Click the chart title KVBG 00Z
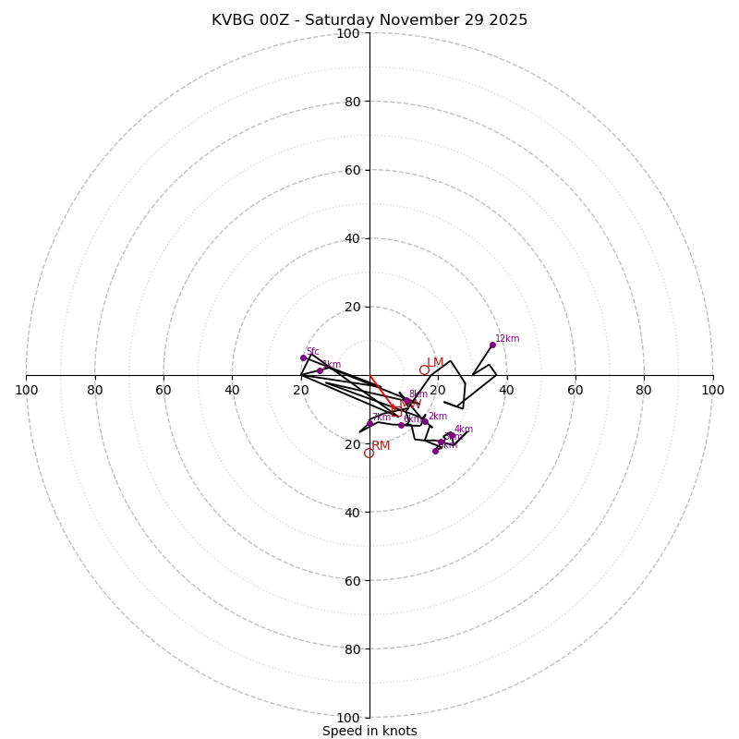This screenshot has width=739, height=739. point(369,20)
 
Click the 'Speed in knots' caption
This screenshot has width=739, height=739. point(369,731)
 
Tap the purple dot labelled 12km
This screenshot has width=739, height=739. point(492,345)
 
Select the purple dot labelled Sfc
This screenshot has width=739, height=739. point(303,357)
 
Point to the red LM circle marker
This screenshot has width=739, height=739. point(424,369)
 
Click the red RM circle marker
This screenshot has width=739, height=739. point(369,453)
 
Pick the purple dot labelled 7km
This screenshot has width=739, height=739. point(369,423)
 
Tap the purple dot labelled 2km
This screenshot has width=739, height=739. point(425,421)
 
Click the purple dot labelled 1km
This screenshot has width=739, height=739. point(320,370)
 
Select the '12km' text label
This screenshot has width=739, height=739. point(507,339)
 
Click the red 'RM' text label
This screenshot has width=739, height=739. point(381,446)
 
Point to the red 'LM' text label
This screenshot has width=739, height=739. point(435,363)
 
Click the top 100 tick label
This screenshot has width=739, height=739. point(348,33)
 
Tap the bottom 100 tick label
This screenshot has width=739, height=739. point(348,718)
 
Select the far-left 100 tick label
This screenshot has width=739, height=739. point(27,390)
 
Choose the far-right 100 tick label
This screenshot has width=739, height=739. point(712,390)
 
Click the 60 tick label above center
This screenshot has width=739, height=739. point(352,170)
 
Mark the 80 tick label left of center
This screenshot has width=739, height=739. point(95,390)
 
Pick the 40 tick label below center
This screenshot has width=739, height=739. point(352,512)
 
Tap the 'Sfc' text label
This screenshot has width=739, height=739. point(312,352)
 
